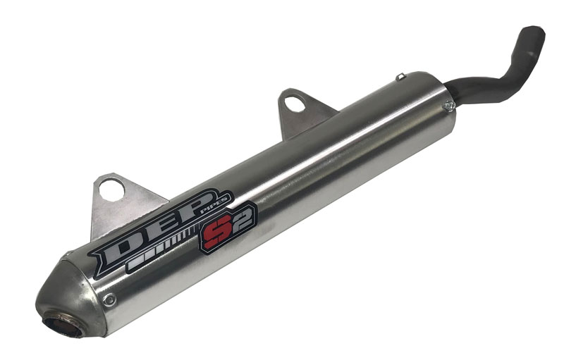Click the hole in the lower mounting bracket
click(x=111, y=190)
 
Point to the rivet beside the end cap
click(x=109, y=299)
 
